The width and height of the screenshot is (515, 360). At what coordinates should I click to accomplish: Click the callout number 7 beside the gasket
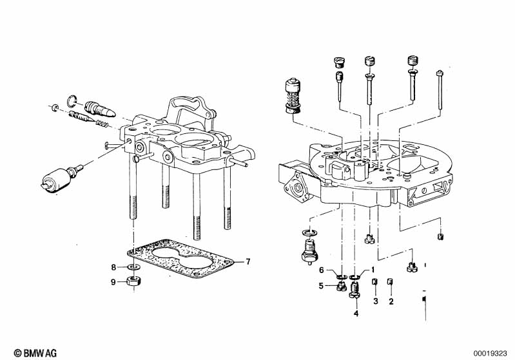point(248,261)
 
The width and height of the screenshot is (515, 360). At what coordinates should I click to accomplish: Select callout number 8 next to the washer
point(113,267)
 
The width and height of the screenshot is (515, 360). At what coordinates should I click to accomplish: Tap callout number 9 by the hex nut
point(113,282)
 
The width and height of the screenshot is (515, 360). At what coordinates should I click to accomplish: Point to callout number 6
point(321,270)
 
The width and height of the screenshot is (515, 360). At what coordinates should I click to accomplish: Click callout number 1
point(373,270)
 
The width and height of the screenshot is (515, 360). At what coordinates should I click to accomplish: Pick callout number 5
point(321,286)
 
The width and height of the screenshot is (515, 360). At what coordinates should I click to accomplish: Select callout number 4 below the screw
point(356,314)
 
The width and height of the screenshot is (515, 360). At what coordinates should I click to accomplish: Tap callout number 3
point(376,301)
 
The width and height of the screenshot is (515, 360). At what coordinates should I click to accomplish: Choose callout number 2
point(391,301)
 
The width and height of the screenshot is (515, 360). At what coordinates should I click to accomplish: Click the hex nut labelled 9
point(133,281)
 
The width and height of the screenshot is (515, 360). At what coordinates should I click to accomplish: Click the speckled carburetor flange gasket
point(180,259)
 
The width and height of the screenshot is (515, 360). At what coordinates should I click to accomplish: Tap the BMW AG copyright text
point(35,353)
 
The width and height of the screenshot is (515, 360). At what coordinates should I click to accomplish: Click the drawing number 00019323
point(490,354)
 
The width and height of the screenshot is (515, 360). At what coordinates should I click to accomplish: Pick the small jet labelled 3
point(374,282)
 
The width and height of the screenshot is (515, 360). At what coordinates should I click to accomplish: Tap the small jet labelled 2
point(390,282)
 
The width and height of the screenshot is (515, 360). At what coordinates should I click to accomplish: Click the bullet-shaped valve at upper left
point(100,109)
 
